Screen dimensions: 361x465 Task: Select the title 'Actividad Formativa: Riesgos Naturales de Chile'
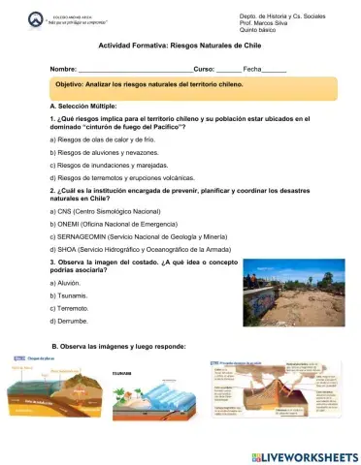coord(179,46)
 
